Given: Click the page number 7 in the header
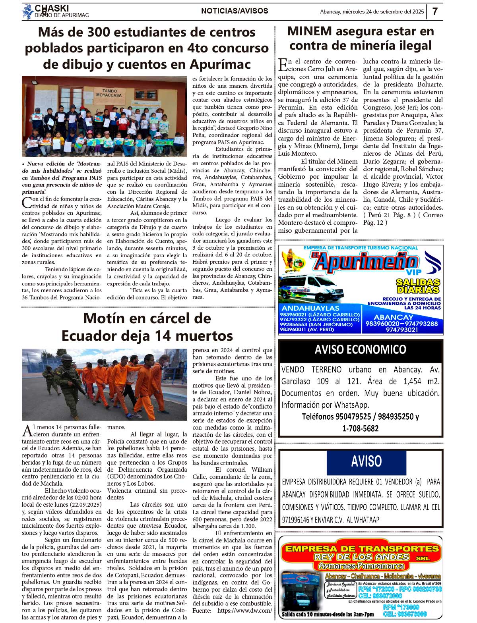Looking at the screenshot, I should pyautogui.click(x=435, y=12).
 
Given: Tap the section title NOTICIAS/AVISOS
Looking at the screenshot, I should pyautogui.click(x=235, y=11).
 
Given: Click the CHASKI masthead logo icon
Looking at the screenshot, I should pyautogui.click(x=28, y=12).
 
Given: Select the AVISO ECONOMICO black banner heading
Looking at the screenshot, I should pyautogui.click(x=360, y=349).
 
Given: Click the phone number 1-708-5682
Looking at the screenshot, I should pyautogui.click(x=360, y=428).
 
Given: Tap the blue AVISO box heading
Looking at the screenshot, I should pyautogui.click(x=366, y=461).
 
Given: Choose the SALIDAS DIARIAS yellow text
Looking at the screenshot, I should pyautogui.click(x=418, y=286).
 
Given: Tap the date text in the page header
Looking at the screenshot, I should pyautogui.click(x=372, y=12).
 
